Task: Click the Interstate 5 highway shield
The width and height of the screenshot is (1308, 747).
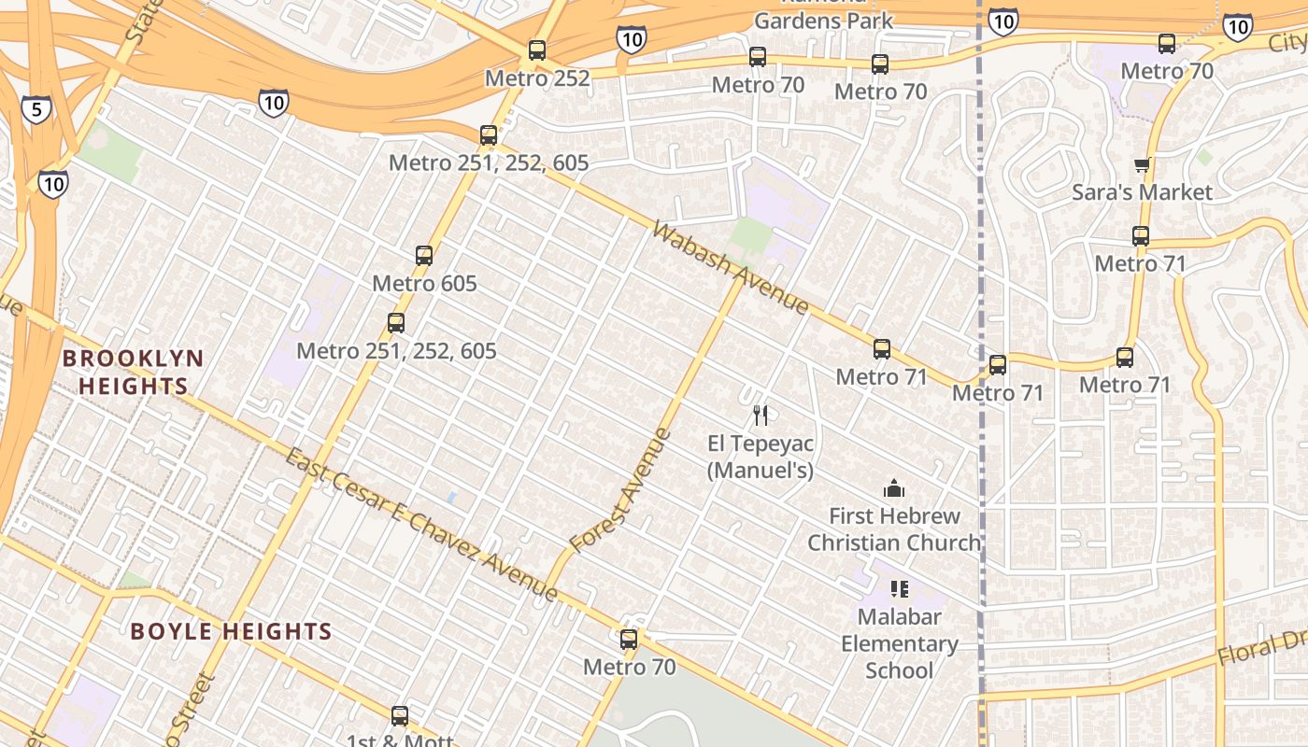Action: coord(36,109)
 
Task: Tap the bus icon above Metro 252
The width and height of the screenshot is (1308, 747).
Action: coord(536,50)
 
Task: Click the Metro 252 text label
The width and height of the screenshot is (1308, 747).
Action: coord(537,78)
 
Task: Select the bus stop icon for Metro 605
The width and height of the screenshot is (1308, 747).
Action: coord(424,256)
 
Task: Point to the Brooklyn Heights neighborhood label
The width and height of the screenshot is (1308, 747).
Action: coord(133,372)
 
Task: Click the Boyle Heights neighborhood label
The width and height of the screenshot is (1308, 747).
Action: coord(231,632)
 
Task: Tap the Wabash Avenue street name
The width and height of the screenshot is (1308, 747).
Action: coord(731,268)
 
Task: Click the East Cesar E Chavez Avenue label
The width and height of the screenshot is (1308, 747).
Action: coord(420,526)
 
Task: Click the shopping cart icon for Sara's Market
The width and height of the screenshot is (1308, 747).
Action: coord(1141,166)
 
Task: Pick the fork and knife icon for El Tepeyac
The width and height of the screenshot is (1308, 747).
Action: coord(761,416)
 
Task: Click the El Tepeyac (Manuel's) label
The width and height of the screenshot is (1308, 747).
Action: coord(760,456)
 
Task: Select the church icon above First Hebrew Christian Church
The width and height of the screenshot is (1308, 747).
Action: coord(894,488)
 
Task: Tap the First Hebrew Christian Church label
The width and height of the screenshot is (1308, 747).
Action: coord(894,529)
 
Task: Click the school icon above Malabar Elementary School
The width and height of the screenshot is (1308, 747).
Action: coord(899,589)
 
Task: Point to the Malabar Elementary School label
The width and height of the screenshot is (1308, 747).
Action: coord(899,643)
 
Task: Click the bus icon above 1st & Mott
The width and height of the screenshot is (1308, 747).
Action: coord(400,716)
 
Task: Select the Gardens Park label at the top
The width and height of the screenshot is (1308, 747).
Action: coord(824,20)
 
